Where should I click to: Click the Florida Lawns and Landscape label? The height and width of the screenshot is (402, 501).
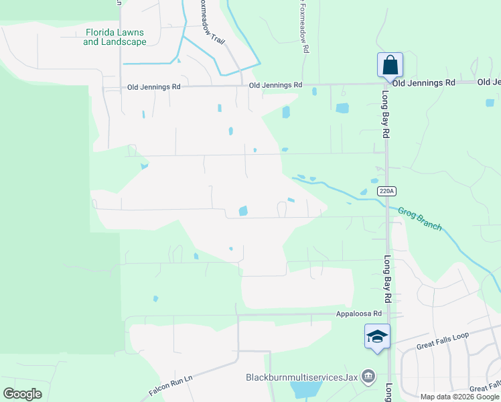click(115, 37)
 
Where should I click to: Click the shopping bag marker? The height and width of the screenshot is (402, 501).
click(390, 66)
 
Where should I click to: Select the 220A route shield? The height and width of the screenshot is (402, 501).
click(386, 191)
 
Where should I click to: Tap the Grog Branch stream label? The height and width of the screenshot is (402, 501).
click(420, 219)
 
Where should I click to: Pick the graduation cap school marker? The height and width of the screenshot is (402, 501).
click(377, 336)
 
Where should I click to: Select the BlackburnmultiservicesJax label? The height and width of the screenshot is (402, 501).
click(301, 377)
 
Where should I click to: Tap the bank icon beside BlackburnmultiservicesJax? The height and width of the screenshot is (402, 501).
click(368, 377)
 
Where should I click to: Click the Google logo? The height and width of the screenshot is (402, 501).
click(22, 394)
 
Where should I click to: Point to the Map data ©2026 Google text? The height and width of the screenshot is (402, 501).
click(459, 397)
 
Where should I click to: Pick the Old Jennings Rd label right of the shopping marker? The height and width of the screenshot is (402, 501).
click(423, 82)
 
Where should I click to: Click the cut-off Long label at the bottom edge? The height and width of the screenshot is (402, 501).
click(388, 392)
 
